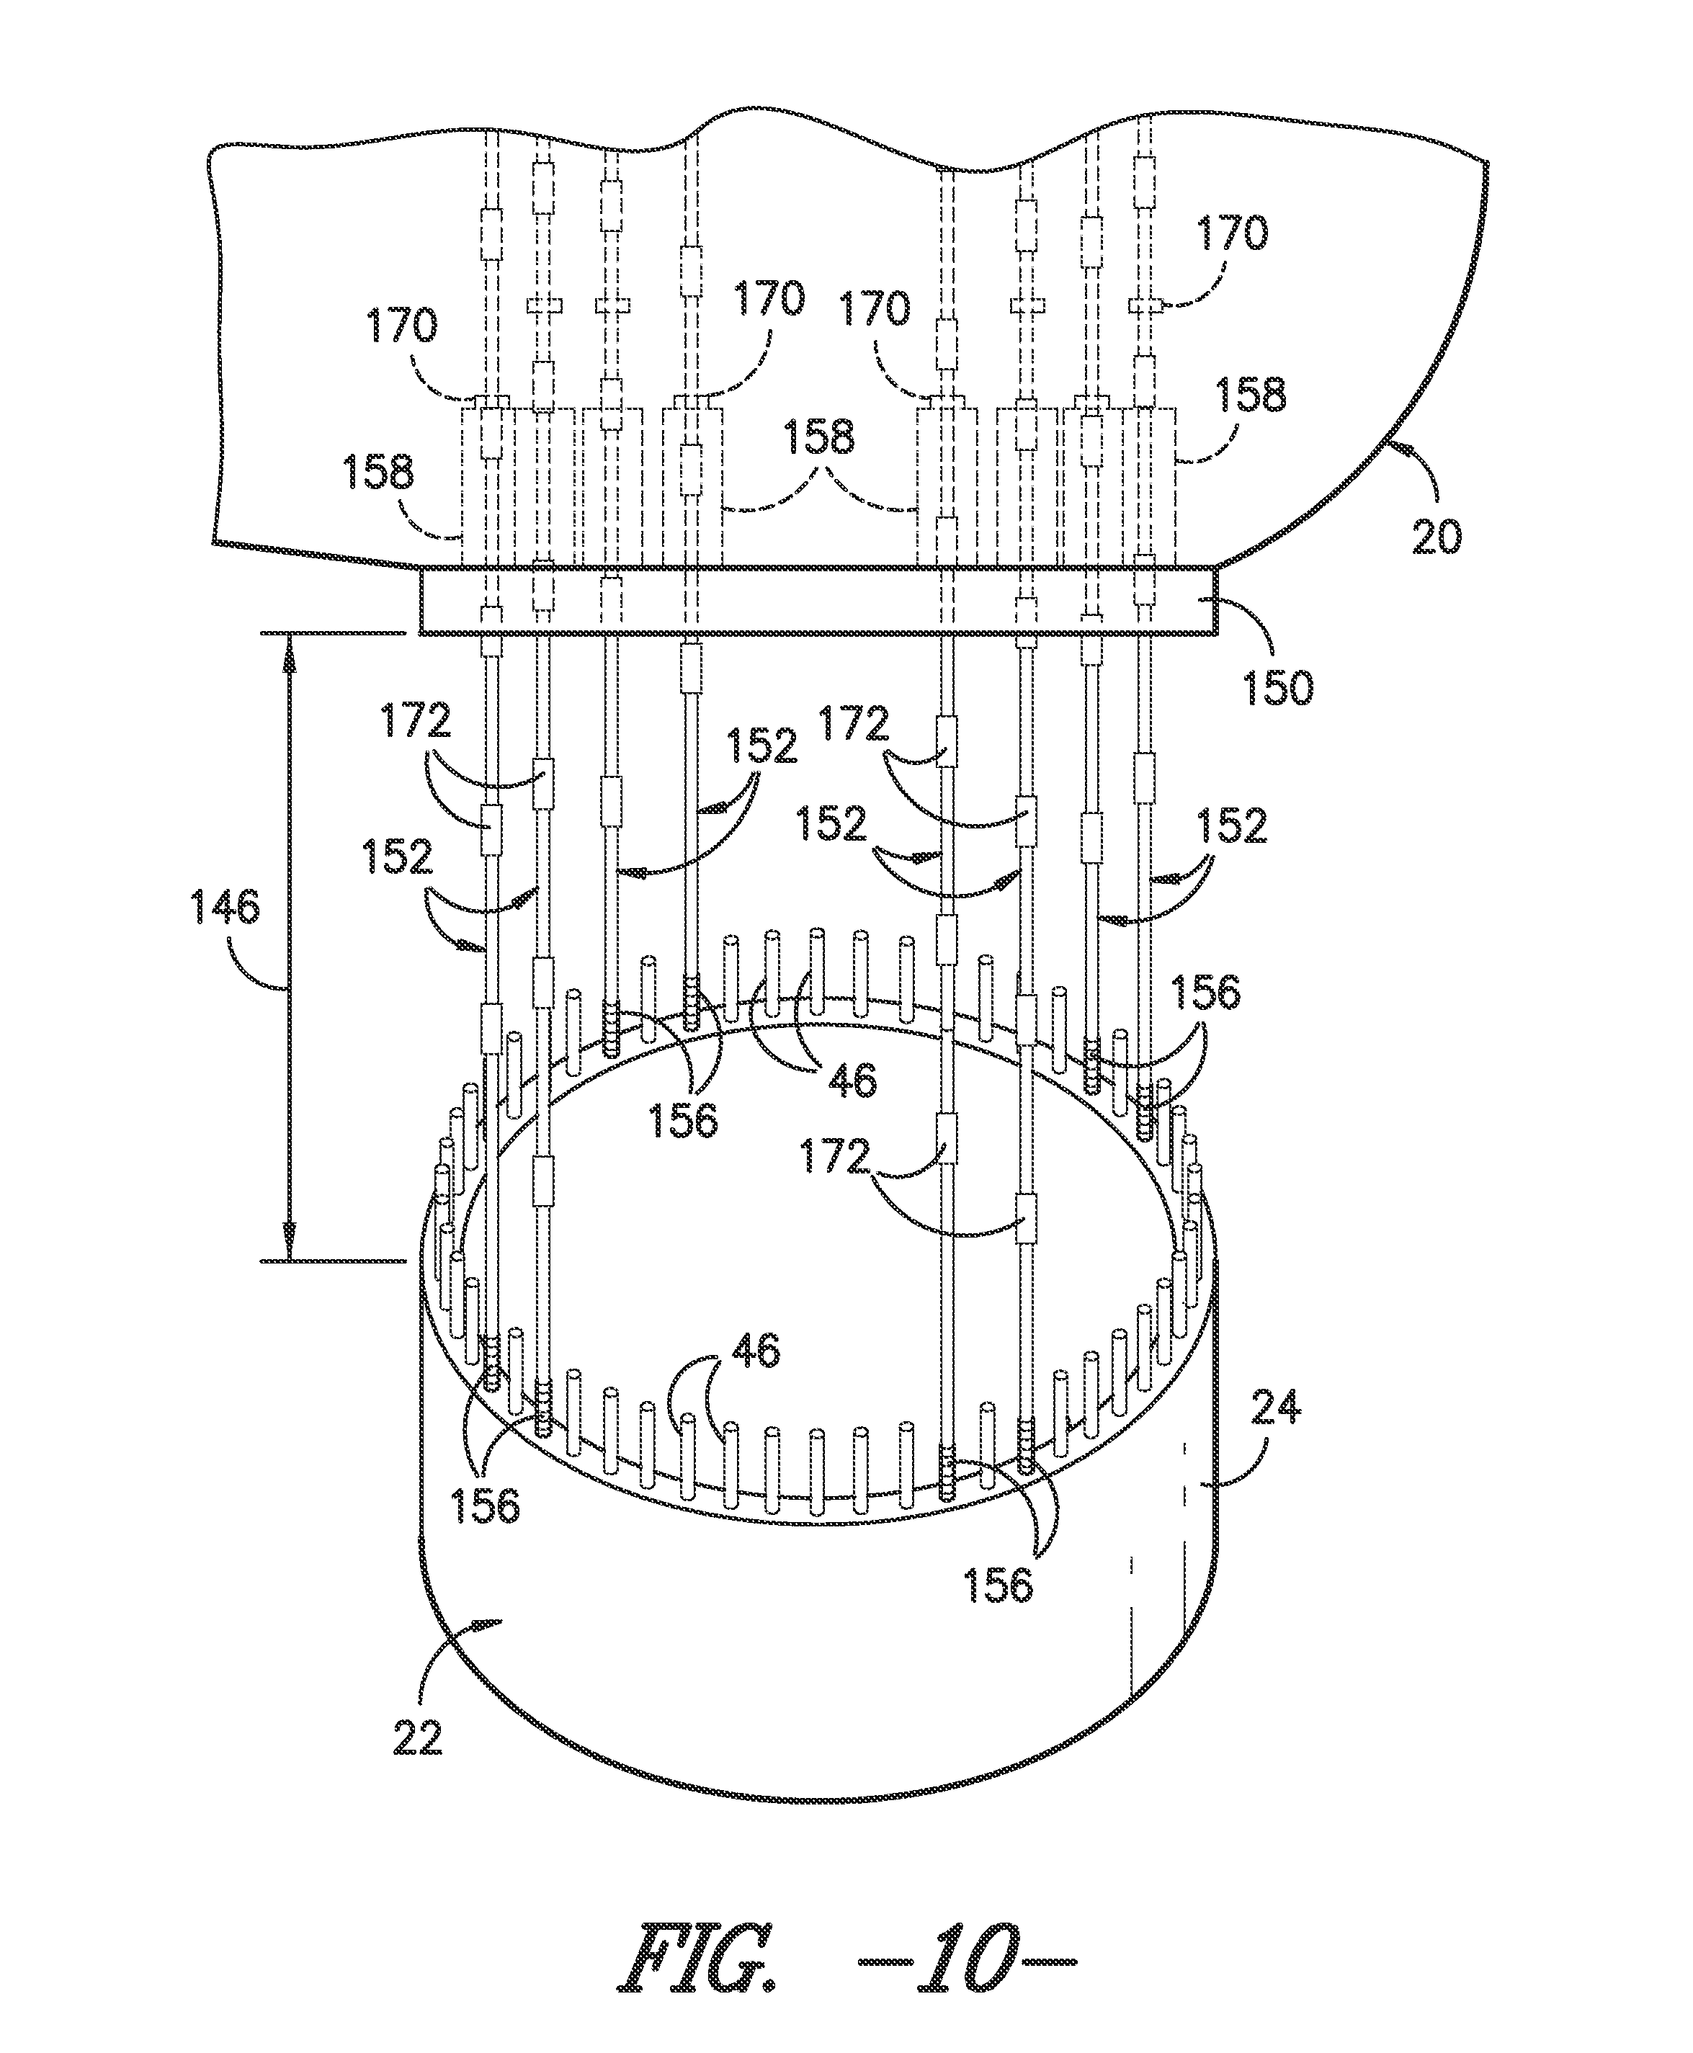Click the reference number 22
pyautogui.click(x=417, y=1737)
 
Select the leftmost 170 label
pyautogui.click(x=401, y=326)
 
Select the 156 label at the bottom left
pyautogui.click(x=486, y=1505)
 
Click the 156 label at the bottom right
pyautogui.click(x=999, y=1585)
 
